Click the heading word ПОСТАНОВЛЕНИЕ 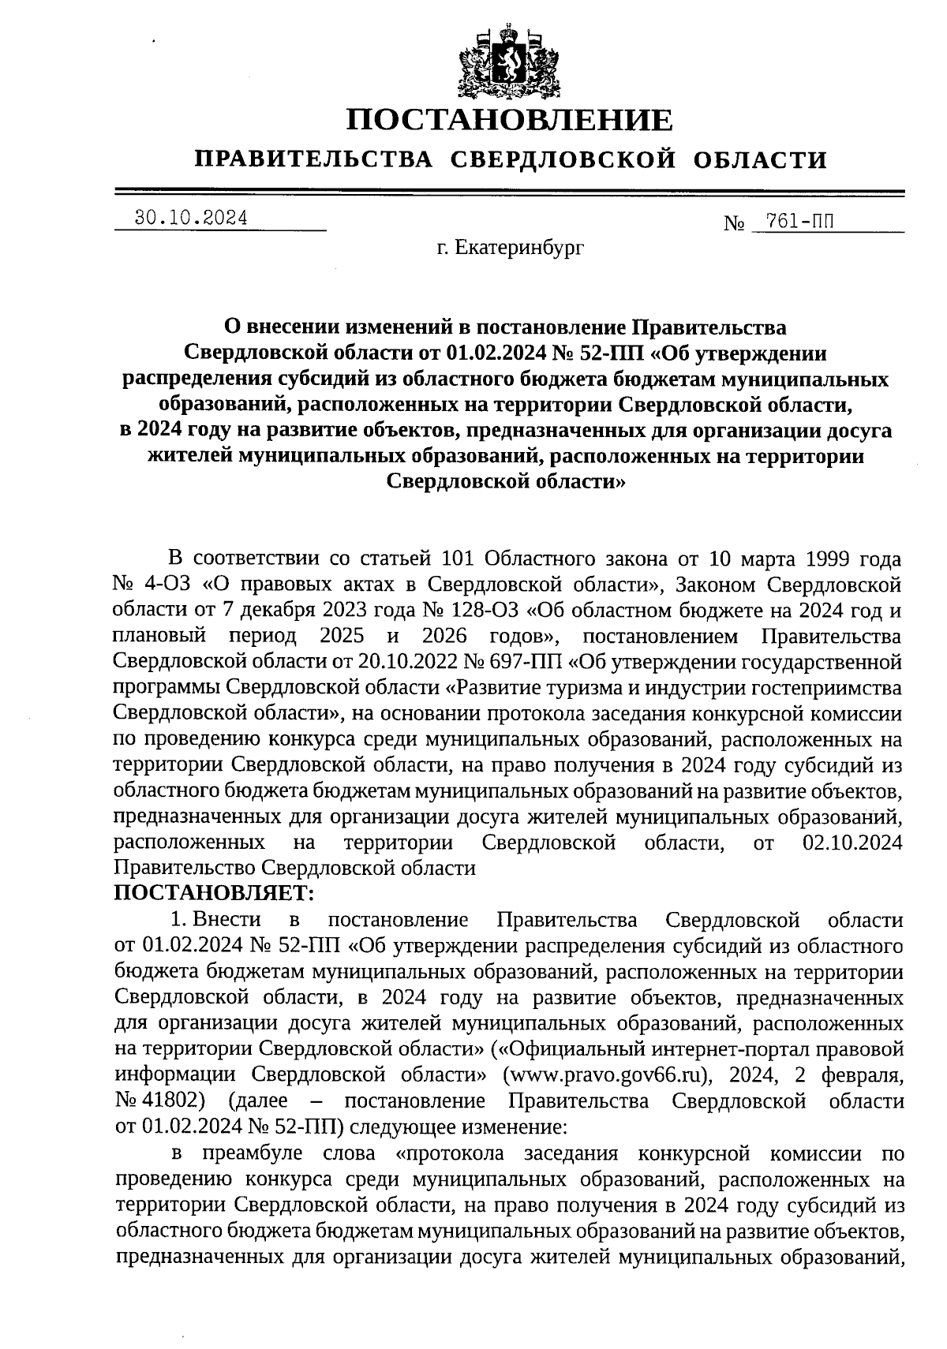coord(511,121)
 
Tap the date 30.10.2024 coord(191,219)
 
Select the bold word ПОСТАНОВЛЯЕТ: coord(214,893)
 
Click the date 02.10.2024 coord(852,843)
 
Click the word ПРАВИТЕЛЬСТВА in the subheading coord(314,160)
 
